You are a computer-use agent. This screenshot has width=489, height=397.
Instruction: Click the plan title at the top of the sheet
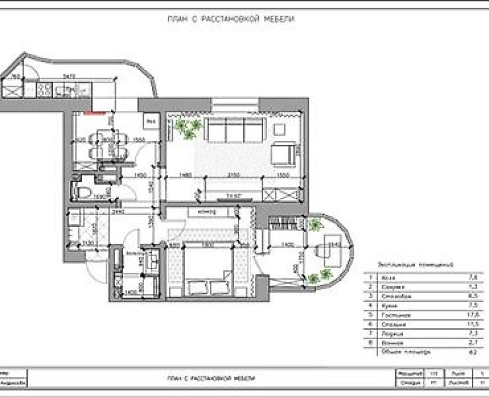231,19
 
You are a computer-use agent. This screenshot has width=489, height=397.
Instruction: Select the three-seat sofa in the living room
235,129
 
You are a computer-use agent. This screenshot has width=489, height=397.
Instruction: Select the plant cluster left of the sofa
188,127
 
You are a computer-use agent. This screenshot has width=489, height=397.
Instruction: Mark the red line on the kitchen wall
95,111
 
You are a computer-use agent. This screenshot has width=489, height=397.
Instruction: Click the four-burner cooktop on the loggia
44,90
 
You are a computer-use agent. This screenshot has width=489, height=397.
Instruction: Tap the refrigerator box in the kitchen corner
151,121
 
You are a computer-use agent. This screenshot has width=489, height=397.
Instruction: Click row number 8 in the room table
370,343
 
